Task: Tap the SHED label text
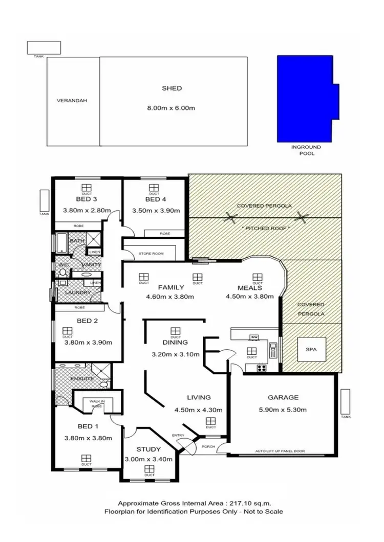(x=172, y=88)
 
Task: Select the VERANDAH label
(x=72, y=101)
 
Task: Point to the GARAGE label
(x=283, y=397)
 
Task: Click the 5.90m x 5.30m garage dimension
(x=283, y=409)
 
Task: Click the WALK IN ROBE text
(x=97, y=403)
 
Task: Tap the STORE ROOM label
(x=151, y=253)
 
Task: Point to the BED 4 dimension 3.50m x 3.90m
(x=154, y=210)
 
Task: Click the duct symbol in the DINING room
(x=176, y=331)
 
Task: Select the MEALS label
(x=250, y=287)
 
